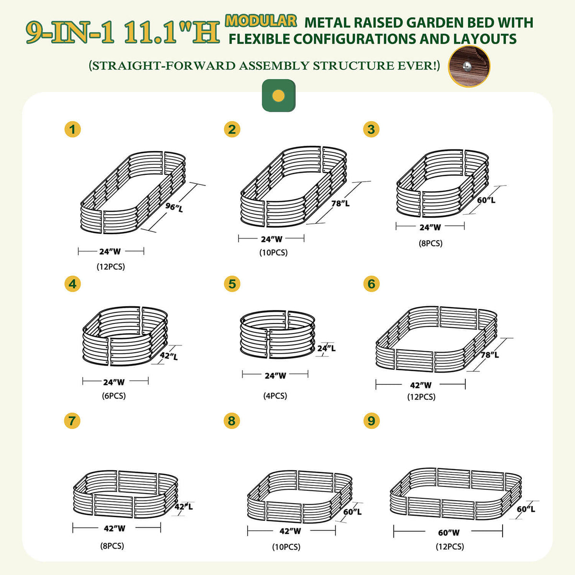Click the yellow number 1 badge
[72, 129]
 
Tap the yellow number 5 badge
[232, 284]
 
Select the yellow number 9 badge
[371, 421]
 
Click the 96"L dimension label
[174, 207]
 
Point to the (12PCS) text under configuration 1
[111, 266]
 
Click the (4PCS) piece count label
[275, 396]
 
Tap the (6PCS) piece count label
[114, 396]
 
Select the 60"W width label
[449, 532]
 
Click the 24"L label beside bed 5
[326, 348]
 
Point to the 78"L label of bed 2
[340, 203]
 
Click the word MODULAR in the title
[261, 21]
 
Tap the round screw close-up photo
[469, 66]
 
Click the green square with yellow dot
[278, 95]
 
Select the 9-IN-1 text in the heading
[70, 33]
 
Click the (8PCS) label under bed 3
[431, 243]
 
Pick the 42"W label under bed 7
[115, 528]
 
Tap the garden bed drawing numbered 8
[300, 496]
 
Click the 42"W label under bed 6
[421, 385]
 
